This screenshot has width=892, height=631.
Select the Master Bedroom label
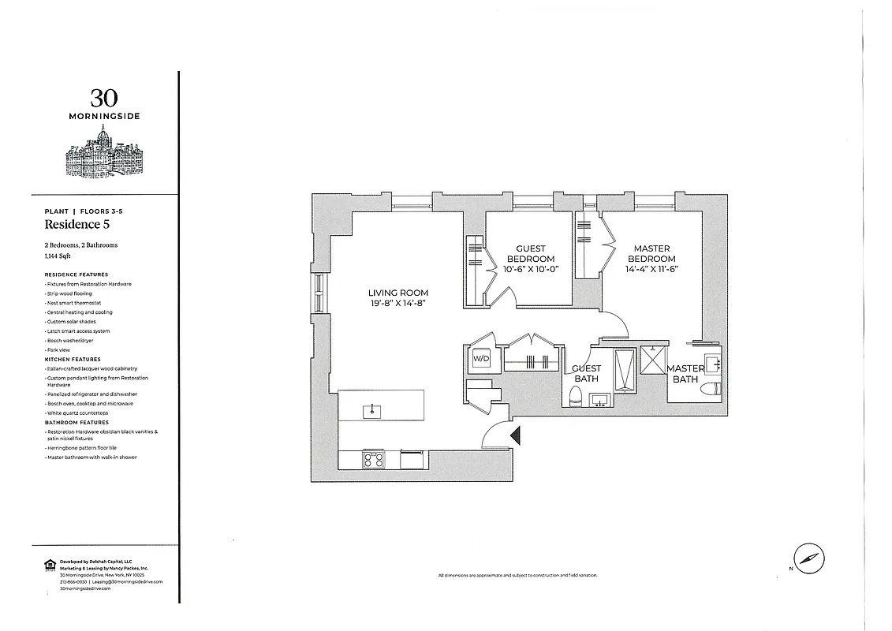(652, 253)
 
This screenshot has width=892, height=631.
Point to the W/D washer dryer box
(480, 359)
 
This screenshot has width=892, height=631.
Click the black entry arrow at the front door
(515, 435)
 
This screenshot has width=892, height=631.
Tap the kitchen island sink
(368, 409)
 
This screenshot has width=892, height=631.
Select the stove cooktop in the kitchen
(372, 459)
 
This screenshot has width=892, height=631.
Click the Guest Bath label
(586, 373)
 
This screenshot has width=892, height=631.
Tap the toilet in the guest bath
(576, 399)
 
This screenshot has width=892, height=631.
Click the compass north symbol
(808, 558)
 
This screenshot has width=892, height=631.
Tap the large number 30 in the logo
(104, 98)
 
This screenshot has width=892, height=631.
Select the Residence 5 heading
(77, 225)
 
